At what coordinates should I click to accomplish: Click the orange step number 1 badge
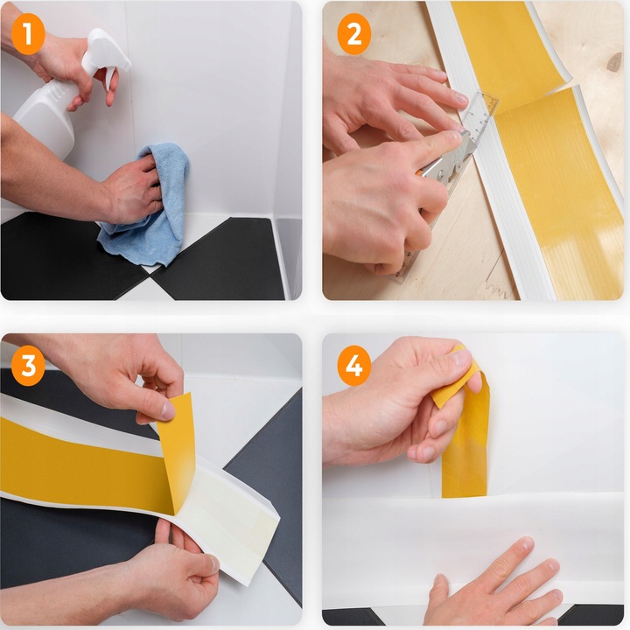click(x=28, y=34)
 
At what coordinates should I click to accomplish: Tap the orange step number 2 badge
click(x=353, y=34)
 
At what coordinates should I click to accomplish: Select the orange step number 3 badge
click(x=28, y=365)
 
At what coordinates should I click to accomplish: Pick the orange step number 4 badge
click(x=353, y=365)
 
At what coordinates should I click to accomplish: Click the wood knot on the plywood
click(x=614, y=61)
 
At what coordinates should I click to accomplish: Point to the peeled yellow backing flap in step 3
click(x=177, y=450)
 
